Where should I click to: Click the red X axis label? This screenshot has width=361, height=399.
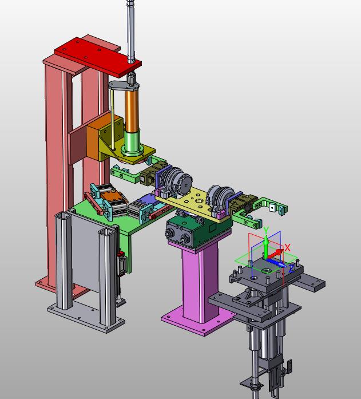click(287, 248)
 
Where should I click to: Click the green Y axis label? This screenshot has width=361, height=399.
click(266, 230)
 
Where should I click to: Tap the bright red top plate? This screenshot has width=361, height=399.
click(98, 57)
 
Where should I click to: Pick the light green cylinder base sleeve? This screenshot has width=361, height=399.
click(132, 142)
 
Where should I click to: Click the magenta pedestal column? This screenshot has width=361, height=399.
click(200, 282)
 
